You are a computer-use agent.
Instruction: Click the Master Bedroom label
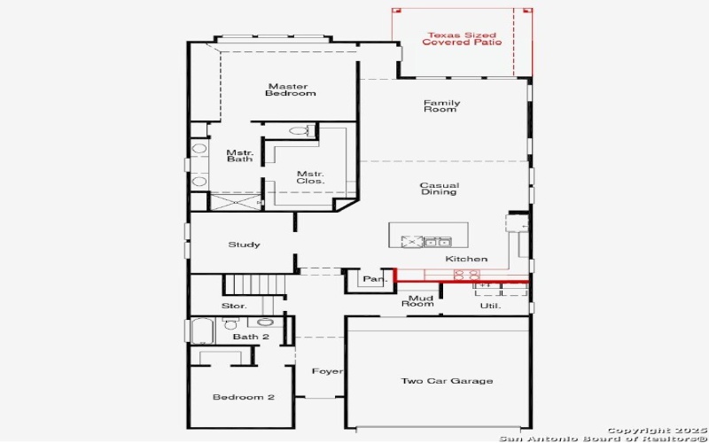click(x=292, y=89)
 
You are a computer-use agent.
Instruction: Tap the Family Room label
click(x=440, y=105)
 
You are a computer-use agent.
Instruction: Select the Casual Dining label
click(x=439, y=189)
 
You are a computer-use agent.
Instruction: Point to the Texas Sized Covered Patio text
click(x=461, y=38)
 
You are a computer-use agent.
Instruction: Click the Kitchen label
click(x=466, y=259)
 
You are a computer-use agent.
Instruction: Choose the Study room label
click(x=244, y=245)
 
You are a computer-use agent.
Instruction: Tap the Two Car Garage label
click(x=447, y=381)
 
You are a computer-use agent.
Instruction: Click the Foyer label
click(x=327, y=371)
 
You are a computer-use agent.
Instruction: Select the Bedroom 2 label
click(x=243, y=397)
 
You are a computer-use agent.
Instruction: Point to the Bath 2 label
click(x=251, y=337)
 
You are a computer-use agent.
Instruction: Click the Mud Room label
click(x=418, y=302)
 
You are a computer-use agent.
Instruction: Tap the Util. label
click(x=490, y=306)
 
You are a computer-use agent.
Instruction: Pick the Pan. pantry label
click(x=374, y=280)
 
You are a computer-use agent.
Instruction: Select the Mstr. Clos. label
click(x=310, y=177)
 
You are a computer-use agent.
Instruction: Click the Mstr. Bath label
click(x=239, y=155)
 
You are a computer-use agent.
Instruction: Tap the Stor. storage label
click(x=234, y=306)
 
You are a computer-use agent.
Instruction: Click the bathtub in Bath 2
click(x=203, y=331)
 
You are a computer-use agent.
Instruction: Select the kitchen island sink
click(x=436, y=241)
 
